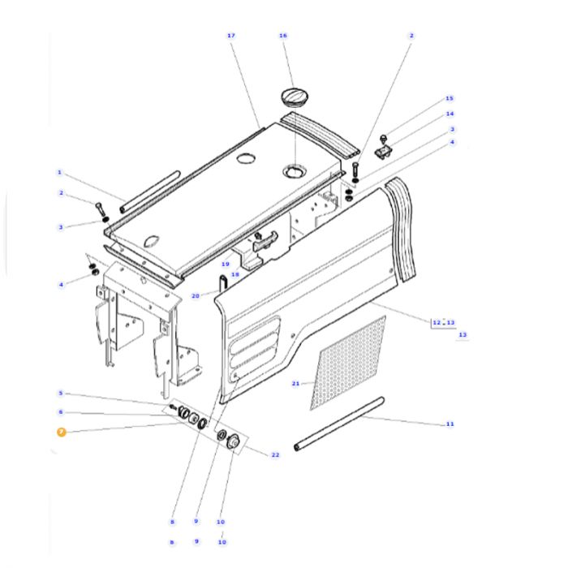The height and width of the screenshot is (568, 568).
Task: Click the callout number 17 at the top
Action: (x=231, y=36)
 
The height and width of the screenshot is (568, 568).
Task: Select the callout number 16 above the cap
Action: (x=283, y=36)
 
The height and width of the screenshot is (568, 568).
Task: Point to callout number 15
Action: (x=450, y=98)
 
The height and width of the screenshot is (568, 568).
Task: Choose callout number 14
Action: (x=450, y=114)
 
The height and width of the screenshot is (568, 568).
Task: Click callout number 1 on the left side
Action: (x=59, y=172)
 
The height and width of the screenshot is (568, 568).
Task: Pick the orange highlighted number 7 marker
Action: (x=60, y=432)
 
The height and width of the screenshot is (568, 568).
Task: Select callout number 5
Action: (x=59, y=394)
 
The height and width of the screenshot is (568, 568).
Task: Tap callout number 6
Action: (x=59, y=412)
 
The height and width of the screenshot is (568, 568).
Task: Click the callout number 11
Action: (x=450, y=424)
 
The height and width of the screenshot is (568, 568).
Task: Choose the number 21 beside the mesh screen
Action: (x=295, y=383)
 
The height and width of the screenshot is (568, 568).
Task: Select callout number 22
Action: (x=275, y=454)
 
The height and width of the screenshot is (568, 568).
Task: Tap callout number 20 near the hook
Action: (x=195, y=296)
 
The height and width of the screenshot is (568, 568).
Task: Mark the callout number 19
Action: (x=226, y=265)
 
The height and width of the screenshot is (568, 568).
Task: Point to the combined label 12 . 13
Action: (x=443, y=322)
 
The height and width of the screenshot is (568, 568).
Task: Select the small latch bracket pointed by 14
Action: (x=384, y=150)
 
